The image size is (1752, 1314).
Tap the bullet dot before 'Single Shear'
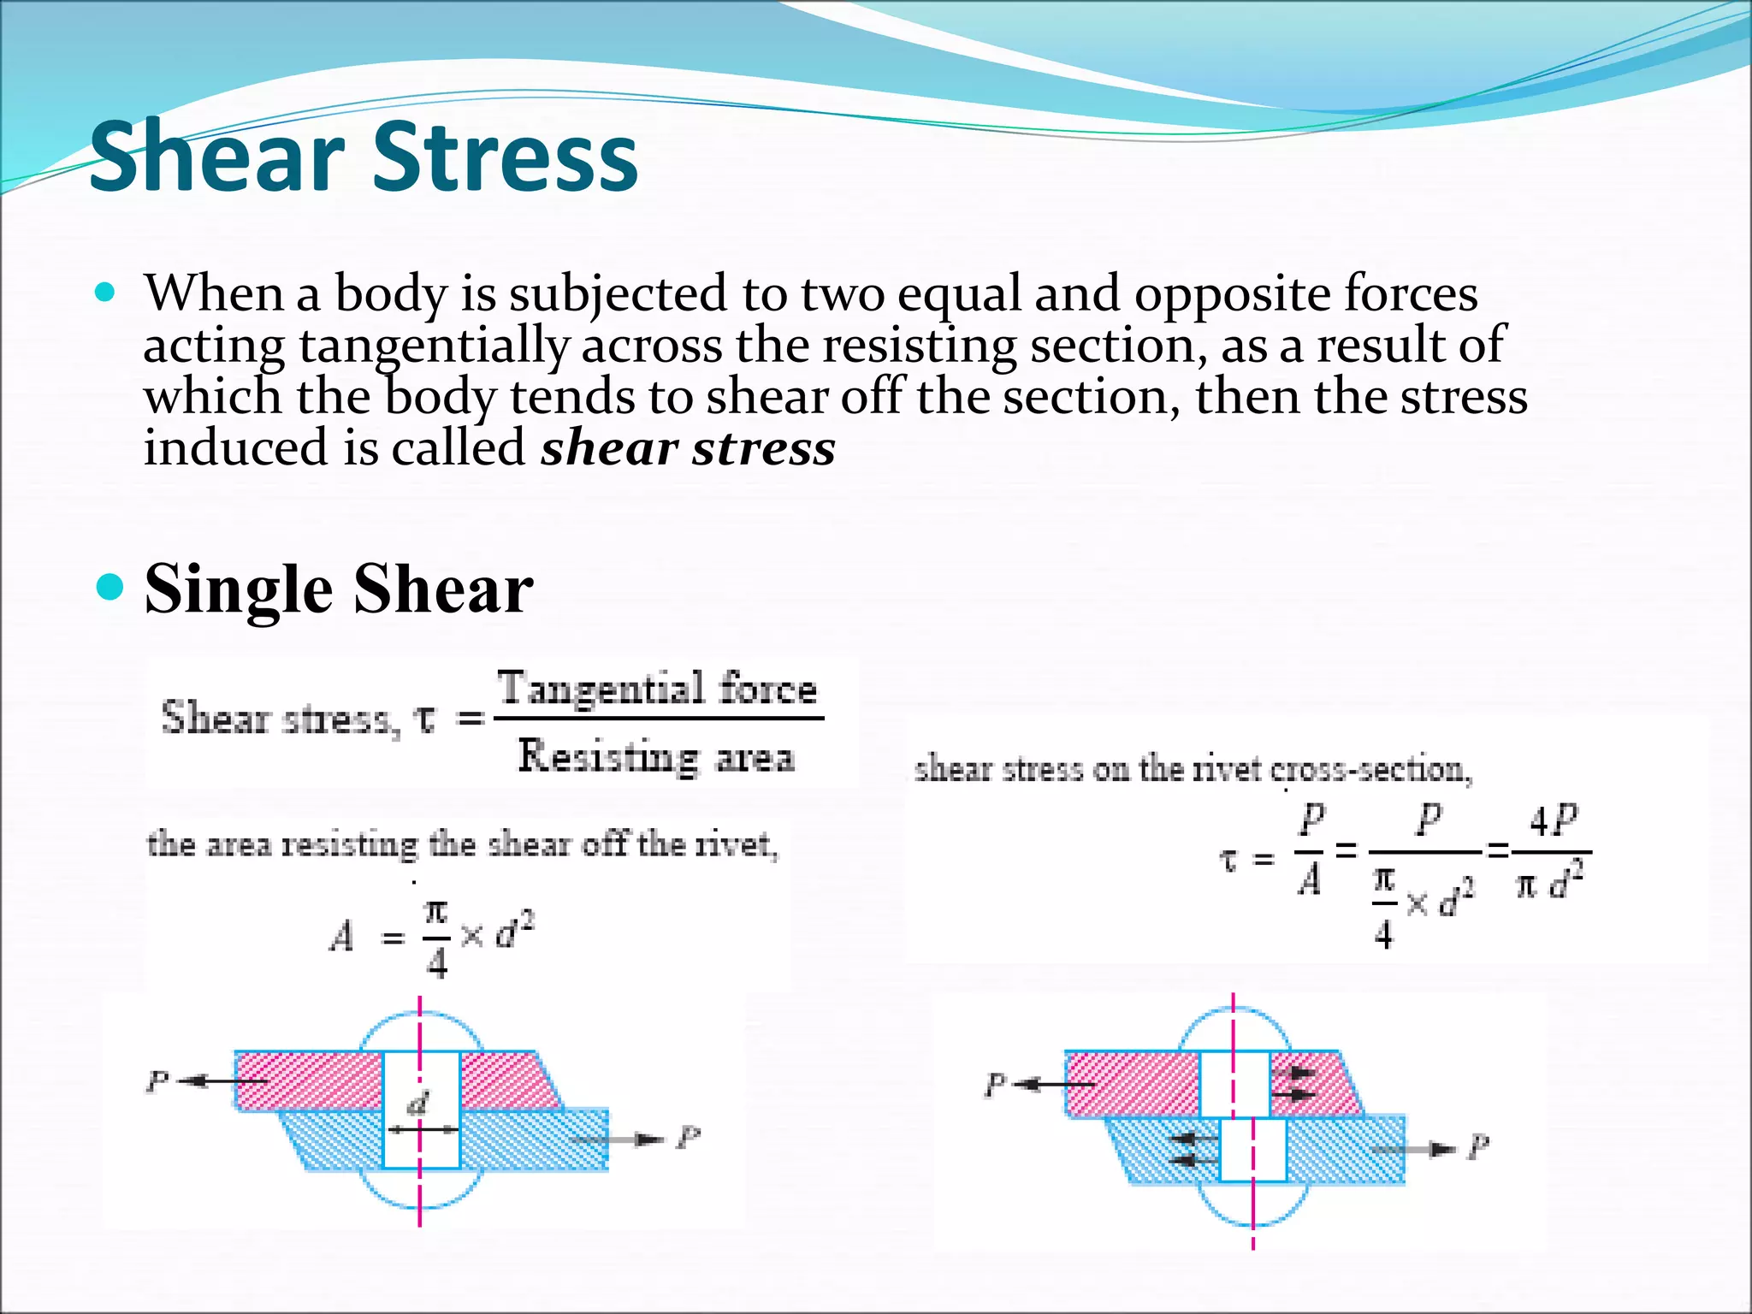(109, 589)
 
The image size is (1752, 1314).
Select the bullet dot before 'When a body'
(105, 293)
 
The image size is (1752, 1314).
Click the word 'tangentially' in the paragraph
(434, 346)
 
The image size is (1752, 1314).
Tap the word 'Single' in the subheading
(239, 589)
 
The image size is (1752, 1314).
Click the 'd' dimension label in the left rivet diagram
(418, 1104)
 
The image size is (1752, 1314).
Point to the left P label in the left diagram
(157, 1082)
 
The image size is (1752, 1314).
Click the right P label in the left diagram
(689, 1138)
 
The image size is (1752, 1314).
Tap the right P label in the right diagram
(1478, 1146)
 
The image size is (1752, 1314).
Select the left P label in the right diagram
(995, 1085)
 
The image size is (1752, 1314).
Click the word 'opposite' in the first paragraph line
(1231, 293)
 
